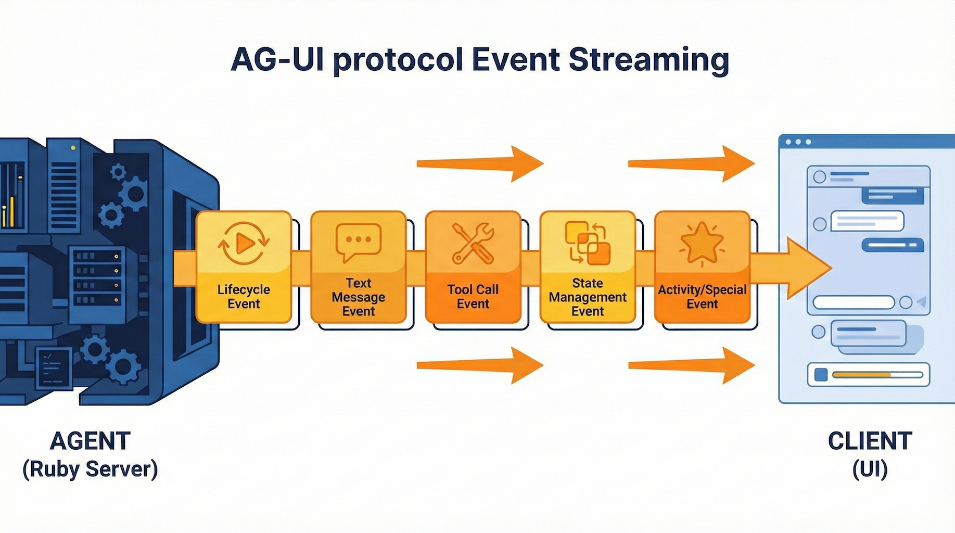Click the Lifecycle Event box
click(244, 267)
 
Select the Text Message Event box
click(358, 267)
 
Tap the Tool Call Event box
click(473, 267)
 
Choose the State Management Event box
click(588, 267)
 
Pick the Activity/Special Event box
click(702, 267)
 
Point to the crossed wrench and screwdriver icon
click(473, 243)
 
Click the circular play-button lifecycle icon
click(244, 243)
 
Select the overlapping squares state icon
click(588, 243)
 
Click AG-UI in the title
click(276, 60)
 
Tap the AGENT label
click(90, 441)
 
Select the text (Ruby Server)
click(90, 469)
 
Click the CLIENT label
click(870, 441)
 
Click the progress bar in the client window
click(877, 375)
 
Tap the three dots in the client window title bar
click(798, 142)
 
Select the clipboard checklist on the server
click(54, 367)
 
